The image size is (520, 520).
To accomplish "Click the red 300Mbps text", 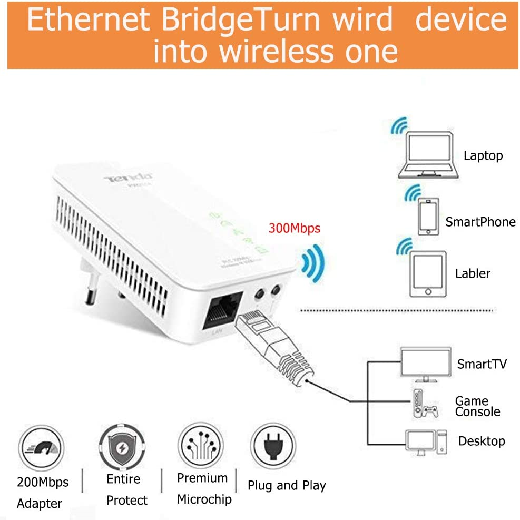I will click(x=294, y=229).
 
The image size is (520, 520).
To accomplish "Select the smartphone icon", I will click(x=428, y=215).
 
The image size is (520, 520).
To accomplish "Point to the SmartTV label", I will click(x=482, y=364).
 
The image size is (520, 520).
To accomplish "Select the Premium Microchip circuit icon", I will click(x=201, y=445).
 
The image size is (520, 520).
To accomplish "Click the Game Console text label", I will click(x=477, y=406).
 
